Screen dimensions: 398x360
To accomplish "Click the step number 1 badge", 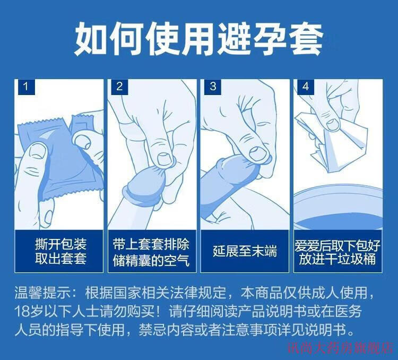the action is click(26, 87).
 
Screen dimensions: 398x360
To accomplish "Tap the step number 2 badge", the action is click(119, 87).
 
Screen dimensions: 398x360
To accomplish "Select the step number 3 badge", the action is click(213, 87).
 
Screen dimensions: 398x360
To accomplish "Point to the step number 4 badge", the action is click(306, 87).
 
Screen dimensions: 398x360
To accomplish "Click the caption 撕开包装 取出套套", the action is click(60, 251).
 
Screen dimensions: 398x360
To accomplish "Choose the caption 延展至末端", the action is click(245, 251).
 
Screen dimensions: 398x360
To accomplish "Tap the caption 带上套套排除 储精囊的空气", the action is click(151, 252).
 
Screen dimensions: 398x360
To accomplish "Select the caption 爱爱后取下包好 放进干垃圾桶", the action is click(338, 252).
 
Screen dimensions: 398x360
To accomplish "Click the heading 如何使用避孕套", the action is click(199, 39).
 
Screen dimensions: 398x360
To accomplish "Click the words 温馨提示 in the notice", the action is click(42, 293).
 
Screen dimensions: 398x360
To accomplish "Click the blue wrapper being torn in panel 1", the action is click(60, 158).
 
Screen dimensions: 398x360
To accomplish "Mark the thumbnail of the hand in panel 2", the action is click(165, 159).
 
